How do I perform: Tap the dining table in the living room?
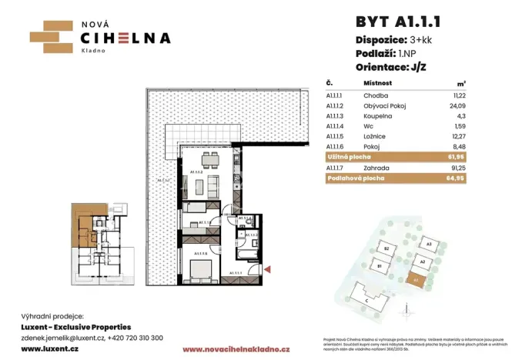pyautogui.click(x=206, y=161)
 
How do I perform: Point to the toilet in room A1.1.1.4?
pyautogui.click(x=241, y=222)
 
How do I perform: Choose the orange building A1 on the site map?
pyautogui.click(x=417, y=281)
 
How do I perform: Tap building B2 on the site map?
pyautogui.click(x=389, y=250)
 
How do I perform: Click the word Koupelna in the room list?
pyautogui.click(x=377, y=115)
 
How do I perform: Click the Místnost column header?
pyautogui.click(x=378, y=82)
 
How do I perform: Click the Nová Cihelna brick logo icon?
pyautogui.click(x=50, y=35)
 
